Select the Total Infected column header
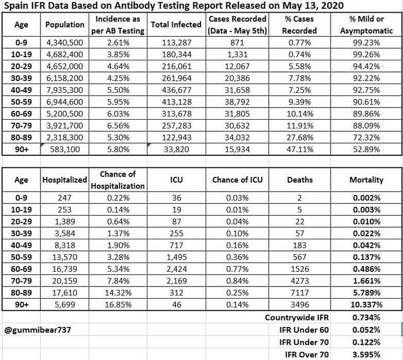[176, 25]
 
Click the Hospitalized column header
[65, 179]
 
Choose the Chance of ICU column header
[237, 179]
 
